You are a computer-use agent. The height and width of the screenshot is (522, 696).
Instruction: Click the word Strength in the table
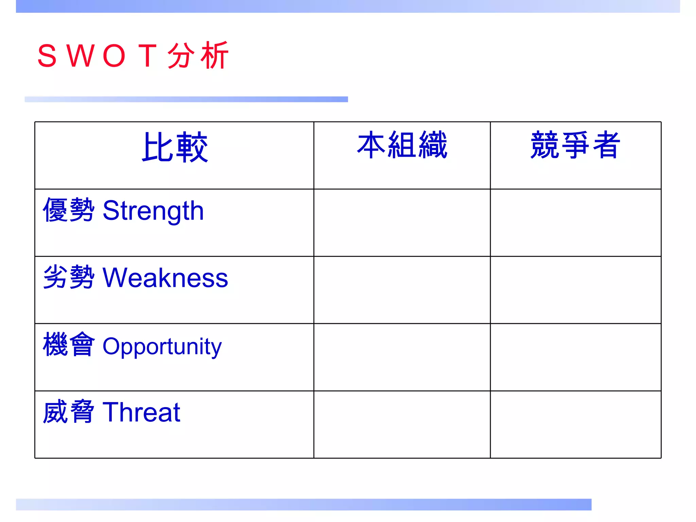click(x=153, y=211)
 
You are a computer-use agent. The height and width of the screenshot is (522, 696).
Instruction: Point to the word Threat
click(x=141, y=412)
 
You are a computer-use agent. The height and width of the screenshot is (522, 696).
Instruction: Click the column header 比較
click(x=175, y=147)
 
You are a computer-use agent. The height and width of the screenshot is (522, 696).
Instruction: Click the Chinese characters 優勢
click(x=68, y=210)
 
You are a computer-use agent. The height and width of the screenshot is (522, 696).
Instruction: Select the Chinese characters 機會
click(x=68, y=345)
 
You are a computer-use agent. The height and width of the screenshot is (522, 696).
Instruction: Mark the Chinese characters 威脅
click(x=68, y=412)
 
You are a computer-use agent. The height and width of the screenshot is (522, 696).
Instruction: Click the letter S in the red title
click(x=47, y=56)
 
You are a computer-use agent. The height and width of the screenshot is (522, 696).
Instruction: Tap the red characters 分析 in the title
click(x=198, y=55)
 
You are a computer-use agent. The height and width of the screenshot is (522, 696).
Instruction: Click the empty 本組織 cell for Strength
click(x=402, y=223)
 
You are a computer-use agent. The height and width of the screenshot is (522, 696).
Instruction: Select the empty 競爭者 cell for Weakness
click(x=575, y=290)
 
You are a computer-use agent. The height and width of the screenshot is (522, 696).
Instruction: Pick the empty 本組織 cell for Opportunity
click(x=402, y=357)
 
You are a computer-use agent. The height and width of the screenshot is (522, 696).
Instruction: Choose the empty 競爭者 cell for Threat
click(x=575, y=424)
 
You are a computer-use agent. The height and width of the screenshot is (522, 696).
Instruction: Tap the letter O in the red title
click(x=114, y=56)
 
